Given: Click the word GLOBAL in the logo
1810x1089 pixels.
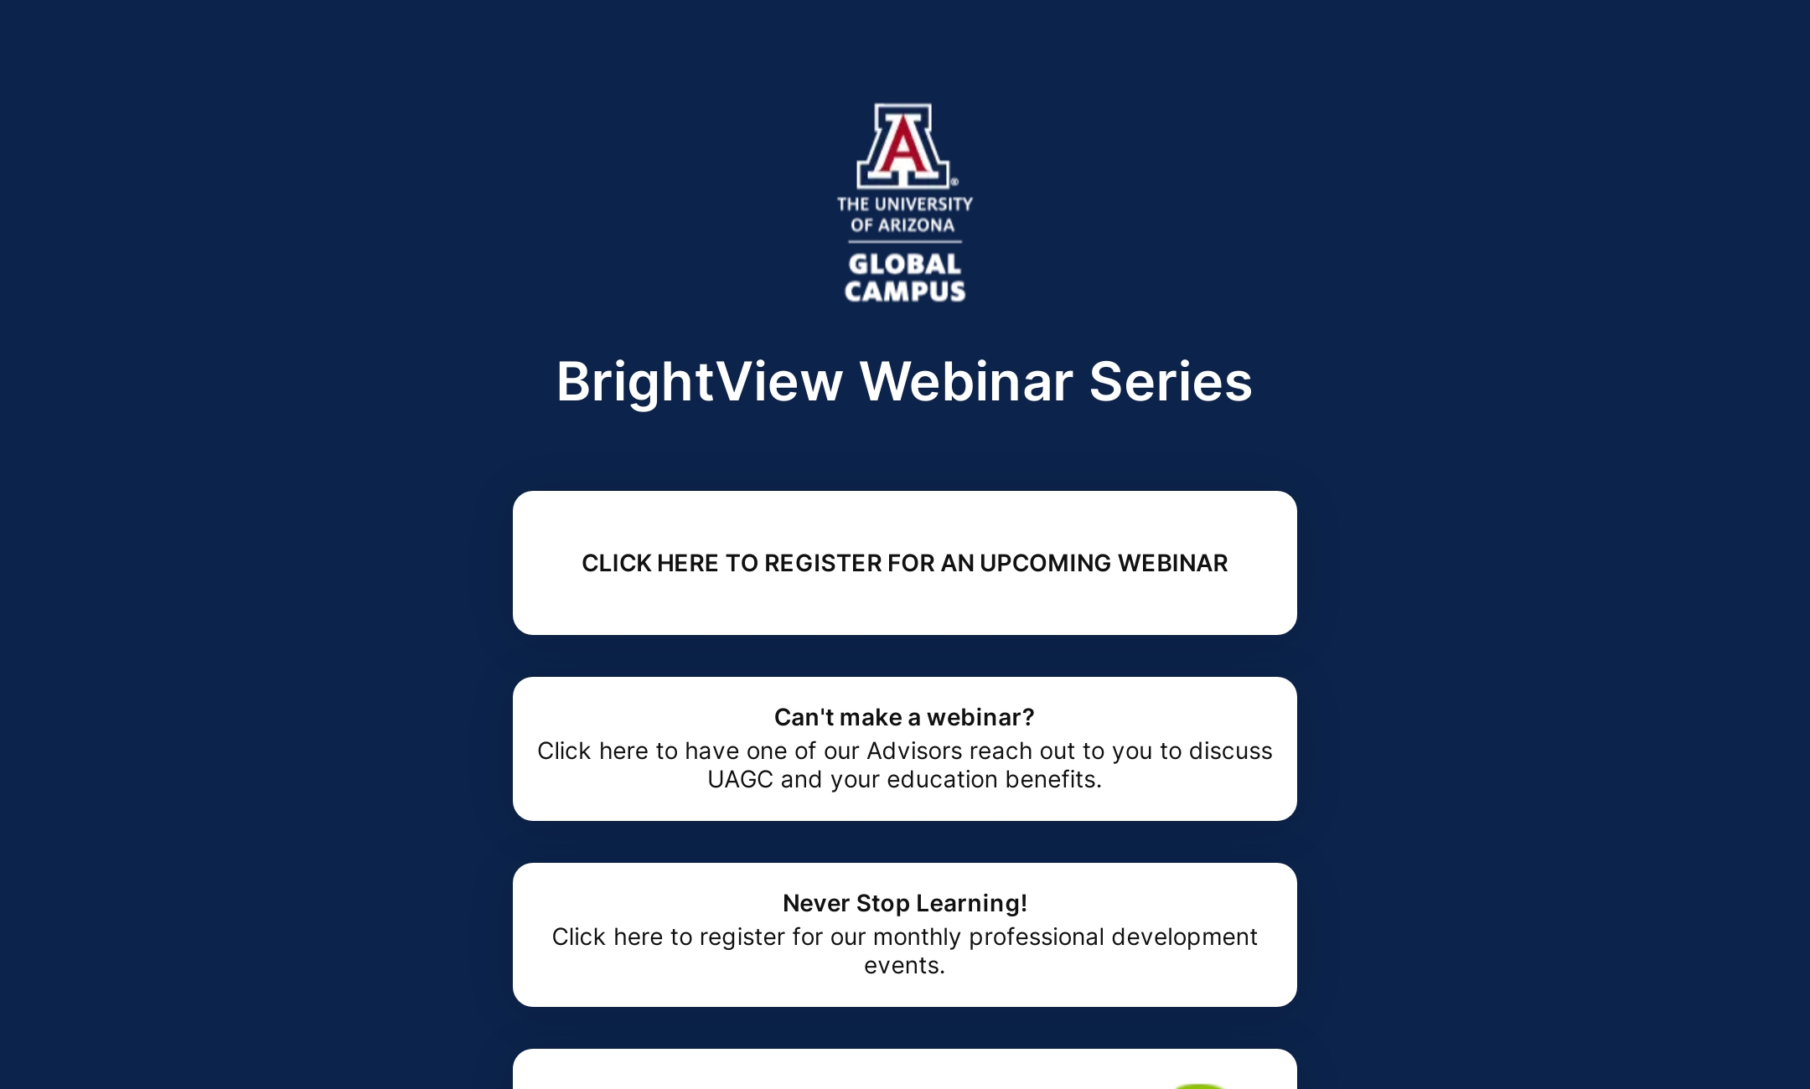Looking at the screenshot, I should (x=905, y=264).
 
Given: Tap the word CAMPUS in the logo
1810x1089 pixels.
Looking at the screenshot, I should (x=905, y=292).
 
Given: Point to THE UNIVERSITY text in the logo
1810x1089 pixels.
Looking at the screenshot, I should (x=905, y=204).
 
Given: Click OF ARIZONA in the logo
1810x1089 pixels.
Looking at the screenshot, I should (x=902, y=225).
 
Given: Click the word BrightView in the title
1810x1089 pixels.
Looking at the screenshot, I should (x=700, y=382).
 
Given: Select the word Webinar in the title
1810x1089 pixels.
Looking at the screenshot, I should (x=966, y=382).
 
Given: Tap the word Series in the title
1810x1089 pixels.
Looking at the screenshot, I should (x=1170, y=382).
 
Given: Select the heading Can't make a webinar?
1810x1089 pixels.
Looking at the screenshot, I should (x=904, y=717).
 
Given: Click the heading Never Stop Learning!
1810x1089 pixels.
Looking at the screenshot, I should (x=904, y=903).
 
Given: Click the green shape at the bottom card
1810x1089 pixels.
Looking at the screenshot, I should (x=1200, y=1086).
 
